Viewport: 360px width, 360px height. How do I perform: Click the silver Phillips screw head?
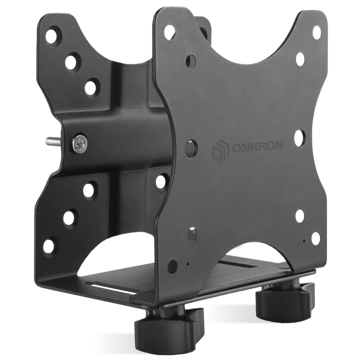click(79, 144)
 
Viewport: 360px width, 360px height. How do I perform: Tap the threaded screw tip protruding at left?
click(53, 140)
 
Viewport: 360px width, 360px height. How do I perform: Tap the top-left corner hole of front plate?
click(169, 31)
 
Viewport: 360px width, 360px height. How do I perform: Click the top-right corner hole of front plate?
click(316, 32)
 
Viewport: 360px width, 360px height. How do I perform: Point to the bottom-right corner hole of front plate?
click(315, 238)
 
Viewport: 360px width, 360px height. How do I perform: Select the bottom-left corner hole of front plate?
click(172, 267)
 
